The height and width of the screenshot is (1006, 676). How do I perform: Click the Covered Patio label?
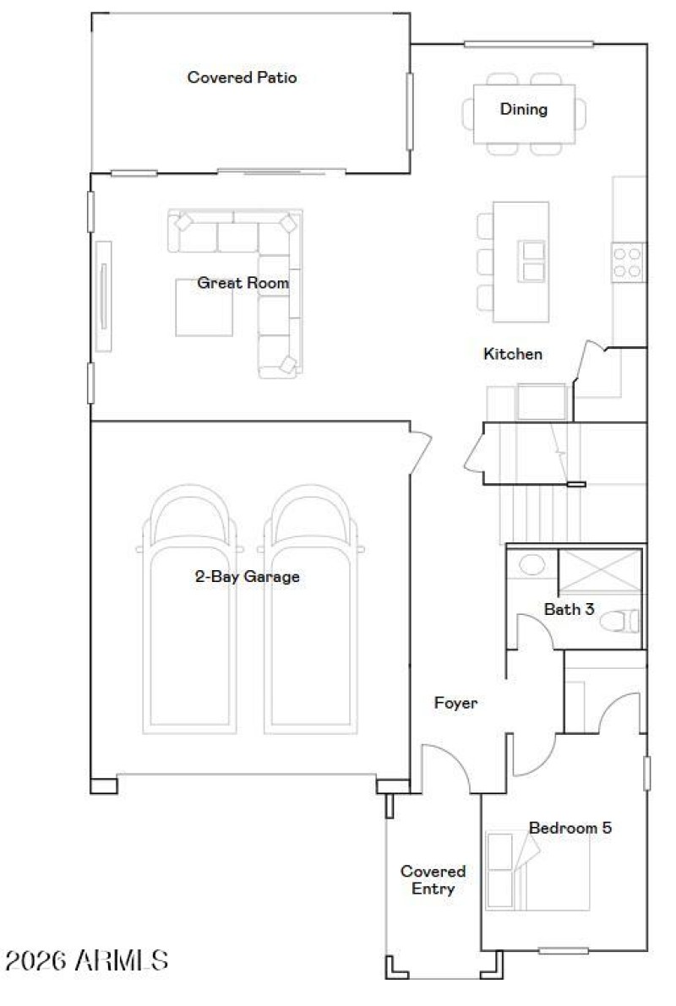(242, 78)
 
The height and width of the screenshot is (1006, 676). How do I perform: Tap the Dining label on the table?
(523, 109)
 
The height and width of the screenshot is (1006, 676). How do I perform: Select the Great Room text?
(243, 283)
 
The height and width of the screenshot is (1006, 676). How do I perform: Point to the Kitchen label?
(512, 354)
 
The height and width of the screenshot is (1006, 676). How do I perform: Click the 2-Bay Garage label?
(247, 578)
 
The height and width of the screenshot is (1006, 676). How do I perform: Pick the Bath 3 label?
(569, 608)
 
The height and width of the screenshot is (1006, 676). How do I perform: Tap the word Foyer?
(455, 702)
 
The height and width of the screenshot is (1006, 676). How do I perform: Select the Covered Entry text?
(433, 879)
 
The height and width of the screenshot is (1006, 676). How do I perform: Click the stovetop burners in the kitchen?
(628, 261)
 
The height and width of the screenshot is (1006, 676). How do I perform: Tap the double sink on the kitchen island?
(534, 261)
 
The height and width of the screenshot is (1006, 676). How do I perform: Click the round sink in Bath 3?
(531, 564)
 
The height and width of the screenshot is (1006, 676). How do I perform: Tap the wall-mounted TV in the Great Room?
(103, 296)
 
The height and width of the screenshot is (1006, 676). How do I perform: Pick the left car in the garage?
(188, 617)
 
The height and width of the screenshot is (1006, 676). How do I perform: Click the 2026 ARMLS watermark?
(86, 960)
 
